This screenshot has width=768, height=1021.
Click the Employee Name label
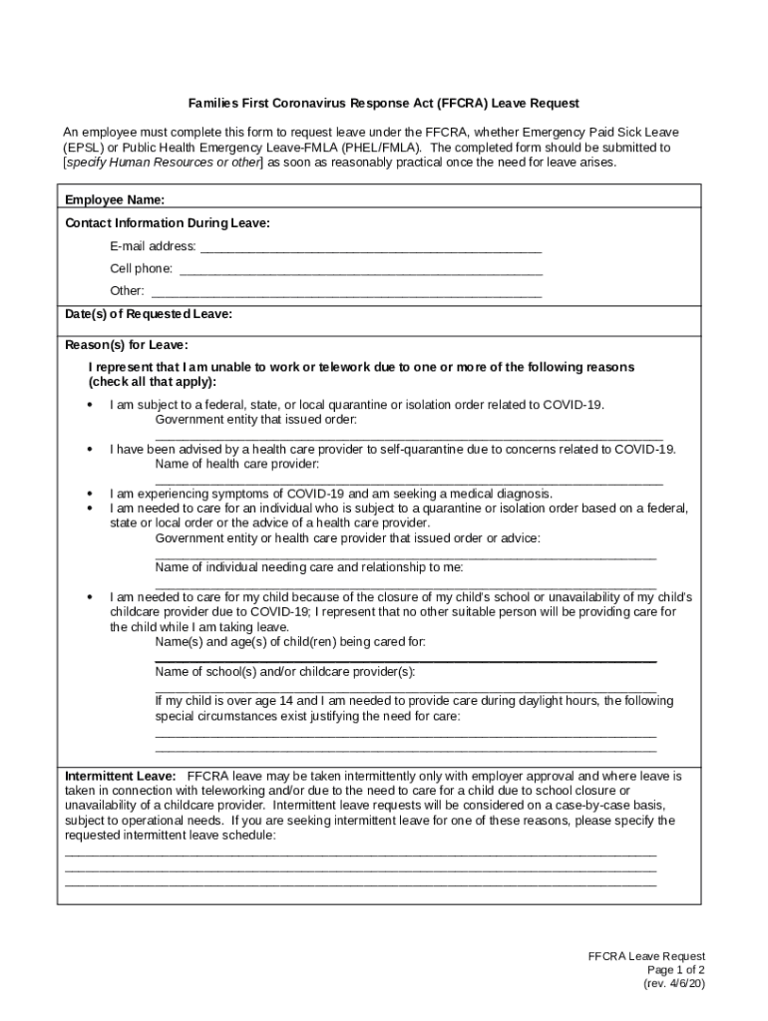115,200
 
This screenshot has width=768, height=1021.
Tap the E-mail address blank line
371,248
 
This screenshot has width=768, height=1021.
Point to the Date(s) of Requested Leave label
149,314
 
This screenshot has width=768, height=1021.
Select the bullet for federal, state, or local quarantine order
91,406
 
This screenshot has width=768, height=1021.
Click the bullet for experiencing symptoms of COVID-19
91,494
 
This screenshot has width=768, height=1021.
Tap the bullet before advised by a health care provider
91,450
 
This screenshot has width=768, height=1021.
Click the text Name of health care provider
237,464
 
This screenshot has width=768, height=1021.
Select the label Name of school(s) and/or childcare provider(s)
285,671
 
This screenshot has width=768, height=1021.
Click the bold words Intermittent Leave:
121,776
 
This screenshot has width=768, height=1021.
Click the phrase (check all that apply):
152,382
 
